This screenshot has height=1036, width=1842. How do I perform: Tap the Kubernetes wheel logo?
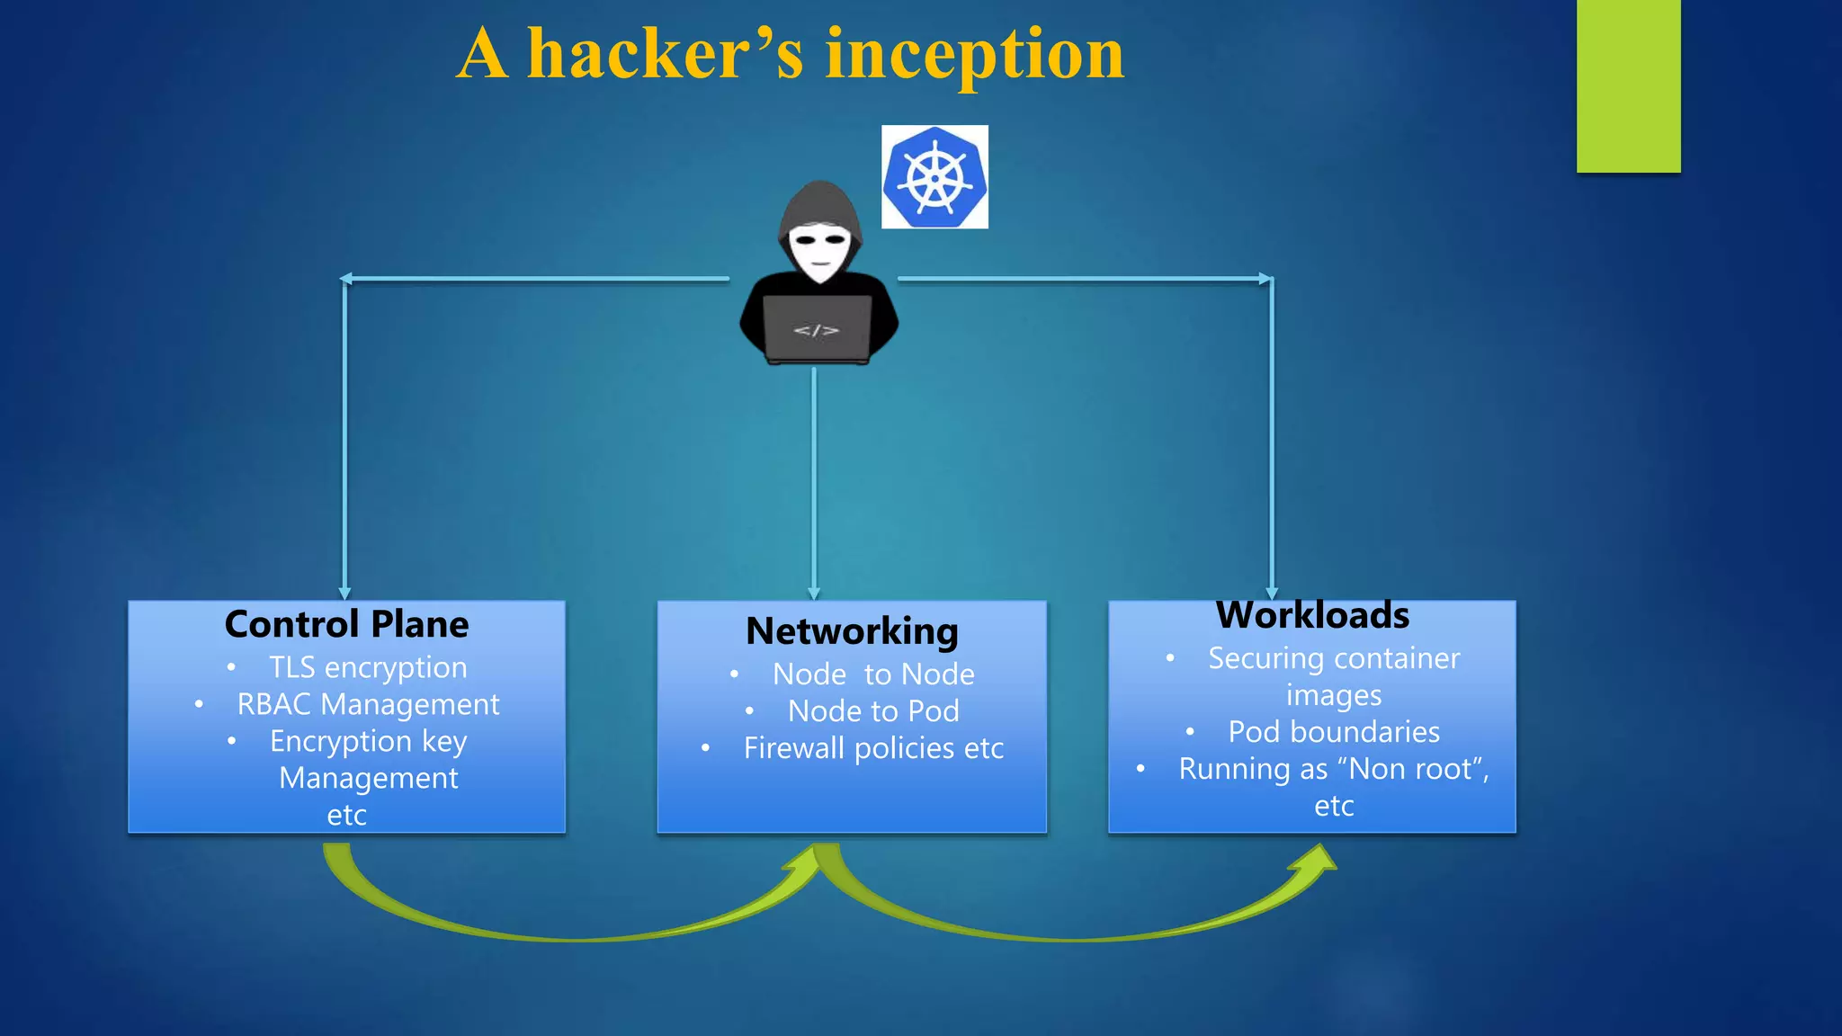tap(934, 177)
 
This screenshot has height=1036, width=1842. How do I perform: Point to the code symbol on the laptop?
tap(816, 331)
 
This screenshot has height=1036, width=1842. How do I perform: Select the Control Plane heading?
tap(346, 624)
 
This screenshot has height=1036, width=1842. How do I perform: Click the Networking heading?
tap(852, 631)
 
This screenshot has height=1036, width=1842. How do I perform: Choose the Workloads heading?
tap(1312, 616)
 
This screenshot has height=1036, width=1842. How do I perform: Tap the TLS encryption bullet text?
tap(368, 667)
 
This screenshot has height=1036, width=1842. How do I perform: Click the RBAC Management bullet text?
tap(368, 704)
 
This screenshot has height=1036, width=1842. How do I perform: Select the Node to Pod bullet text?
tap(873, 711)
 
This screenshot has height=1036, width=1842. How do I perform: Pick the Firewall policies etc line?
tap(873, 748)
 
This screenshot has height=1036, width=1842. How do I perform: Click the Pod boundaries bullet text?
tap(1334, 732)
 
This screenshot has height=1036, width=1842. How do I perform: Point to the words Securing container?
tap(1334, 658)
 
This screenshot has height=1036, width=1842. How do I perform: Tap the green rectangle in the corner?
tap(1628, 85)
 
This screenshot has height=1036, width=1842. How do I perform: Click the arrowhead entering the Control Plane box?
tap(344, 593)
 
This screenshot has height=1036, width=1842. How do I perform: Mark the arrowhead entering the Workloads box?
tap(1272, 593)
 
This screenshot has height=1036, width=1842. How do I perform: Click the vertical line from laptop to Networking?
tap(814, 477)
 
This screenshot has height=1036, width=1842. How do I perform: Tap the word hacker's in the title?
tap(665, 54)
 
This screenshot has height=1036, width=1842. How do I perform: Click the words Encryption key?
tap(368, 741)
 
